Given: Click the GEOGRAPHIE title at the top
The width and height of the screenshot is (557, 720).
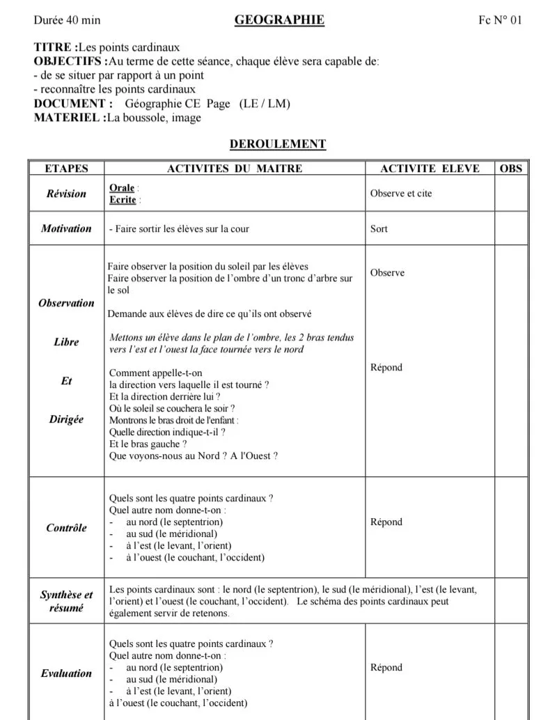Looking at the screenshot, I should [279, 20].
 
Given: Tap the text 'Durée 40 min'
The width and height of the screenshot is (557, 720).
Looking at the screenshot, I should [67, 20].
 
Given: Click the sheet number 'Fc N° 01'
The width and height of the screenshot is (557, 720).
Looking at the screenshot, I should [499, 20].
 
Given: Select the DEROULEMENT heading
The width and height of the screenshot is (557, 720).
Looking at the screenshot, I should [278, 144].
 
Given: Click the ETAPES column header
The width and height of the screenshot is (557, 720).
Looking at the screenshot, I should [66, 169].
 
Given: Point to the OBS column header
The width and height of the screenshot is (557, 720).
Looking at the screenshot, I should [510, 169].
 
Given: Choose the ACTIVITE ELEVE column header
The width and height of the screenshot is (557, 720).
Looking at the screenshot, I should [430, 169].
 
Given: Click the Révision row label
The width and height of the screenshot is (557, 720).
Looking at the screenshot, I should [66, 194].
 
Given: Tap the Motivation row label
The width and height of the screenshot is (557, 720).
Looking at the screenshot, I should [66, 228].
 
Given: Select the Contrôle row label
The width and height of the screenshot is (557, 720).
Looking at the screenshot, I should [66, 528].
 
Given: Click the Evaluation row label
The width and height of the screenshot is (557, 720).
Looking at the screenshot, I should [66, 673].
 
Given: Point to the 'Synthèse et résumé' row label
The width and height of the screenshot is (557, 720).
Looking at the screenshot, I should [66, 602].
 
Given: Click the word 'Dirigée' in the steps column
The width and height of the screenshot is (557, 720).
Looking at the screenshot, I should [66, 419].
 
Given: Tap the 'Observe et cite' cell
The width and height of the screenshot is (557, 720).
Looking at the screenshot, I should [401, 194].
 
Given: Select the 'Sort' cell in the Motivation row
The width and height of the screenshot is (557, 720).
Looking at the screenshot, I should [379, 228].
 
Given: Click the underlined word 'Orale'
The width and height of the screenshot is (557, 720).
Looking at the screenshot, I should [122, 188].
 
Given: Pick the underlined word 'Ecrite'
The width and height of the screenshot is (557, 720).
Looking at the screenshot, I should [123, 200].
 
